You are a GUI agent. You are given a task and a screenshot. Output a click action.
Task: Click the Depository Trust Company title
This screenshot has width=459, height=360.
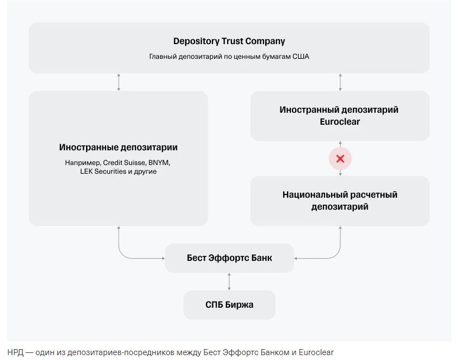point(229,41)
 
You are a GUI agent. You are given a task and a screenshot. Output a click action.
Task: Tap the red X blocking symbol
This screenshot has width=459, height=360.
point(340,159)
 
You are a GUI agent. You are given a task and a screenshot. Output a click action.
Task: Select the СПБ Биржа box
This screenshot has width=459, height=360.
point(229,305)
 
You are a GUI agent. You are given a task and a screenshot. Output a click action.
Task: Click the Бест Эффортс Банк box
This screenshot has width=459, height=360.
point(229,258)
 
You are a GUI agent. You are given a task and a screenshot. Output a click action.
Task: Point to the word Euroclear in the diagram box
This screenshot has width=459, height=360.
point(340,121)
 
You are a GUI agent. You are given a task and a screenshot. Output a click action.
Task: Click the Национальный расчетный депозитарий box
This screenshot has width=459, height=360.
point(340,200)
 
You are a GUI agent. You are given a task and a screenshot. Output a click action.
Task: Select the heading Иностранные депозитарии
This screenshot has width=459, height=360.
point(118,148)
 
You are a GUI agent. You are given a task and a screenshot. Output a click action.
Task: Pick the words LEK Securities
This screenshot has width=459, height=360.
point(102,172)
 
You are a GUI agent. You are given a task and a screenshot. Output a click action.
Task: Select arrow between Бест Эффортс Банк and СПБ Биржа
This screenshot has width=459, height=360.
point(229,282)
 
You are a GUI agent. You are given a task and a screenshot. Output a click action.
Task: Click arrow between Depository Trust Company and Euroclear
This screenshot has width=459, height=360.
point(340,82)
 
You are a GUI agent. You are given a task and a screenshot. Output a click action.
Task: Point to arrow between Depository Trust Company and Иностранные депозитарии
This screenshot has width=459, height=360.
point(119,82)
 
